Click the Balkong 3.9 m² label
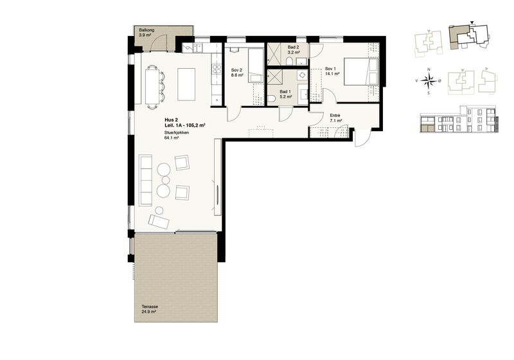click(x=146, y=32)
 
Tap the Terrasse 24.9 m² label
click(x=150, y=309)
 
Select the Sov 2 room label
click(x=237, y=73)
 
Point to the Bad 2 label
click(x=294, y=50)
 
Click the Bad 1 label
click(x=286, y=94)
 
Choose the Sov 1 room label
click(x=332, y=71)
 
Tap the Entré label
click(x=335, y=118)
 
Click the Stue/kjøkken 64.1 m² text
click(x=176, y=136)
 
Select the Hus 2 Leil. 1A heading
click(x=184, y=123)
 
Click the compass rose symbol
click(x=429, y=80)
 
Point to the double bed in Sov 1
click(x=361, y=71)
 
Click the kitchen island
click(x=186, y=84)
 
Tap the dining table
click(x=152, y=87)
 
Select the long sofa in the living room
click(x=146, y=181)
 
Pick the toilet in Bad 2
click(x=290, y=62)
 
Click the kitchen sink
click(x=198, y=48)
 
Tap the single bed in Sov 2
click(x=255, y=65)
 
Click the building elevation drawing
click(x=459, y=120)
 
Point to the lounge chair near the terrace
click(x=159, y=222)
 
